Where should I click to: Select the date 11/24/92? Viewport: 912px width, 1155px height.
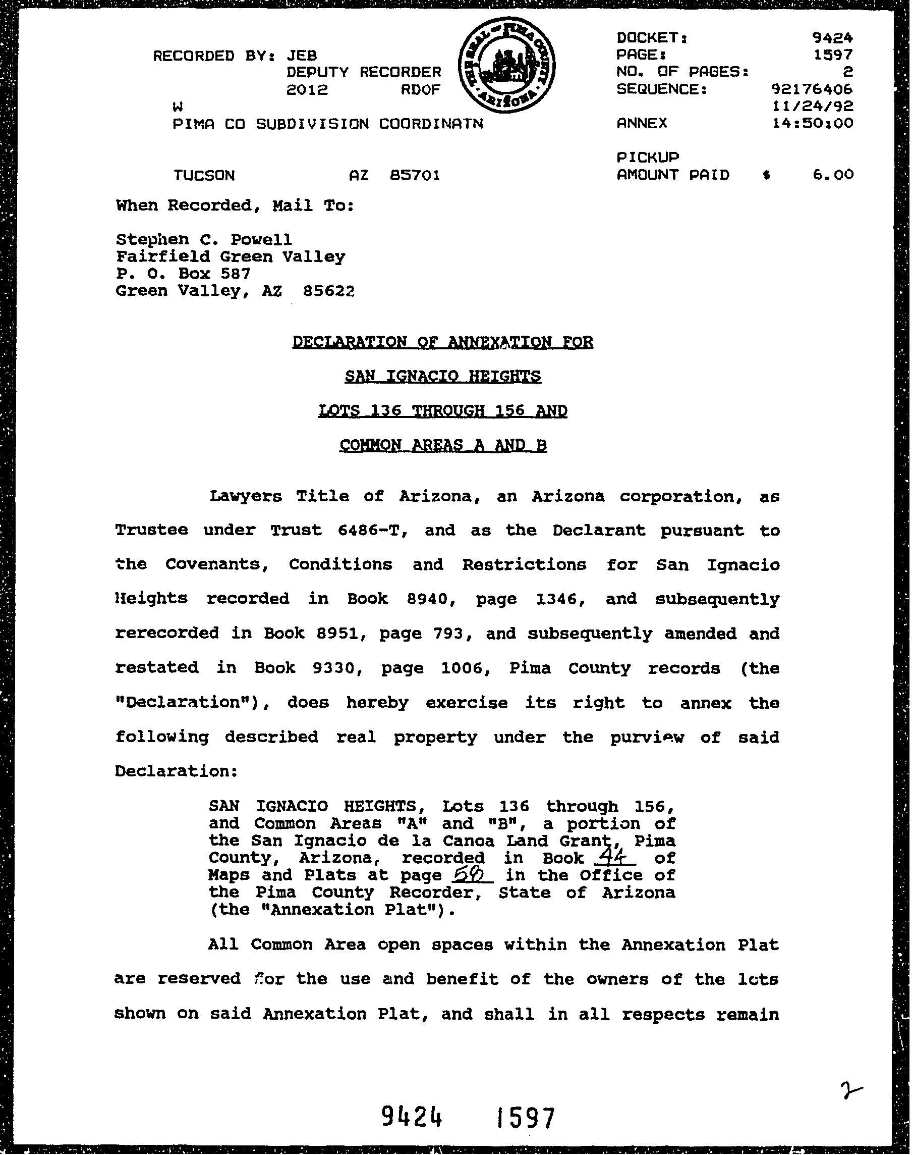pos(812,106)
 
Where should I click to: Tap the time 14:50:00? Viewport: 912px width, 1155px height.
pos(812,123)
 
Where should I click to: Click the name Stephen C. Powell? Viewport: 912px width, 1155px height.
pos(204,239)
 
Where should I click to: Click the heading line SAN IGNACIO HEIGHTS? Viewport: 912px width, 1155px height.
pos(443,377)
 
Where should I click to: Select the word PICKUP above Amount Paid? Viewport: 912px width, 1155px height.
pos(648,157)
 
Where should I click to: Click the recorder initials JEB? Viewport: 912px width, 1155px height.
pos(302,56)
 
